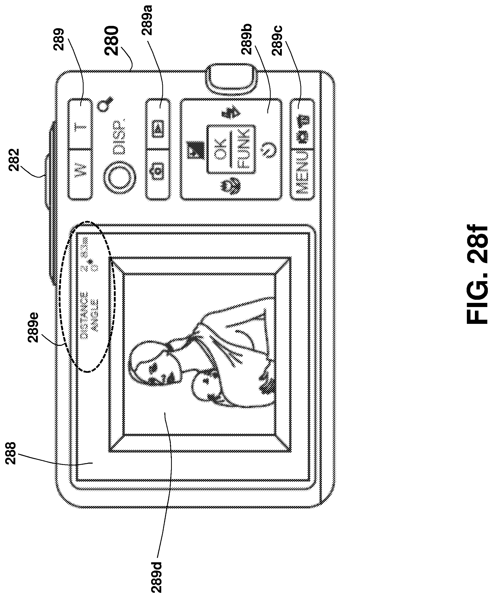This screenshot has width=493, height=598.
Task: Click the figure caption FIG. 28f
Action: point(478,274)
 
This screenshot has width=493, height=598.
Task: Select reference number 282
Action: point(14,160)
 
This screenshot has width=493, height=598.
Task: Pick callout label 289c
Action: point(277,40)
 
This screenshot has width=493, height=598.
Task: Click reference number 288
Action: point(11,453)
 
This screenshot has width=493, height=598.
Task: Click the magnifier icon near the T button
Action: point(105,103)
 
